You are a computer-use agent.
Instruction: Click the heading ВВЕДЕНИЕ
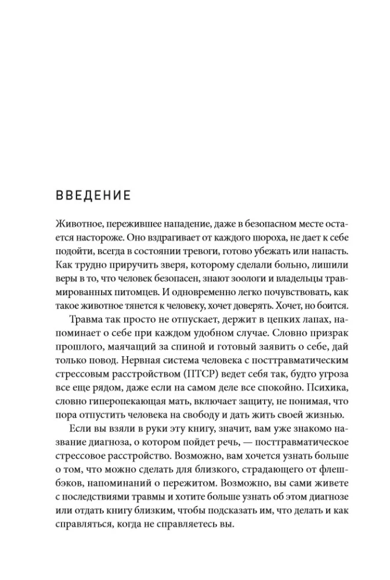coord(93,195)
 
